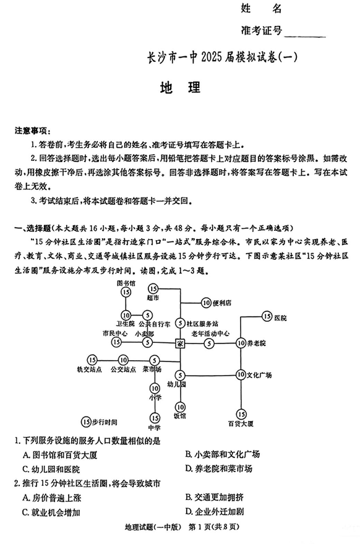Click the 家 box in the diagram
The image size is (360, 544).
click(180, 342)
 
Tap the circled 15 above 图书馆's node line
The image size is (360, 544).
click(126, 292)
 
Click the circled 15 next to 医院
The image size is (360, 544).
click(267, 317)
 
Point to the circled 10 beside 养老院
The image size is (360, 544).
click(241, 342)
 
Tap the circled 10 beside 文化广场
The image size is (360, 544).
click(241, 374)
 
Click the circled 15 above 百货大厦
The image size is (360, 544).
click(241, 413)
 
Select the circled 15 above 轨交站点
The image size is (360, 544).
click(92, 360)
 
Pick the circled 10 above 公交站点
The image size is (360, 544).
click(122, 360)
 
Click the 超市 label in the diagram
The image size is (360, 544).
click(153, 297)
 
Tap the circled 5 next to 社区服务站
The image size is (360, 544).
click(180, 323)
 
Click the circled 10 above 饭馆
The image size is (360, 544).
click(180, 407)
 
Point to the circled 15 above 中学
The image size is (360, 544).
click(154, 418)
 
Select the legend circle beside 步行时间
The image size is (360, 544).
click(86, 422)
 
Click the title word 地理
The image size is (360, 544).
click(180, 87)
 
